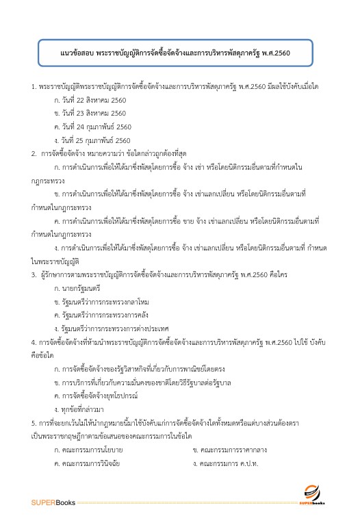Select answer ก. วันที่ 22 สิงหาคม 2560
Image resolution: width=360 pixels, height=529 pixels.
coord(90,100)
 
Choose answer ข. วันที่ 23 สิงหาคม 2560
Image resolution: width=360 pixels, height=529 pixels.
coord(90,113)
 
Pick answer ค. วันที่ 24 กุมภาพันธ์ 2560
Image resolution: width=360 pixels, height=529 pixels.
coord(92,127)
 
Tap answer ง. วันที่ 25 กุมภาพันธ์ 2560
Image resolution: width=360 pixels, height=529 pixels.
coord(92,140)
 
